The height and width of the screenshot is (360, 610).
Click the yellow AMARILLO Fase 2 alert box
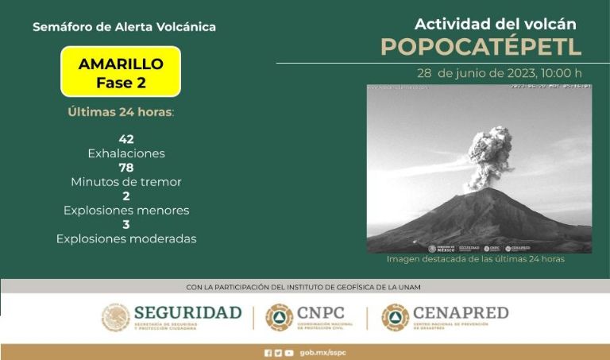121,72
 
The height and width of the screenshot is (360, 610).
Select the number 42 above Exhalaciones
125,139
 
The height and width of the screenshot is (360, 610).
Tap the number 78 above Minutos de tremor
125,168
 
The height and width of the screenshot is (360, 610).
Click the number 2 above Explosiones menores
125,196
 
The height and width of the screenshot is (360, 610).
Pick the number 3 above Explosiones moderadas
125,225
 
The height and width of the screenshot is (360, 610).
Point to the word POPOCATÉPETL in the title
481,47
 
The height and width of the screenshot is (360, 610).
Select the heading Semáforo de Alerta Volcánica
124,27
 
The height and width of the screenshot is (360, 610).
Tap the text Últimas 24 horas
120,112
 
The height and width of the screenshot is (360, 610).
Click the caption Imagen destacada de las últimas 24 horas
475,259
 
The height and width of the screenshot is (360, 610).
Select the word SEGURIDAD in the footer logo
187,312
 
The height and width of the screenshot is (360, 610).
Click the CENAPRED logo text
461,312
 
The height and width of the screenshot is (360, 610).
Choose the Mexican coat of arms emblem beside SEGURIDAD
115,317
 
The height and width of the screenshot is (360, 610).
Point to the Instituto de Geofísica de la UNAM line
303,287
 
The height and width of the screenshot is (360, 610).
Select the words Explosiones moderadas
125,238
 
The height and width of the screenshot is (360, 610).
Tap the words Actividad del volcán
496,24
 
